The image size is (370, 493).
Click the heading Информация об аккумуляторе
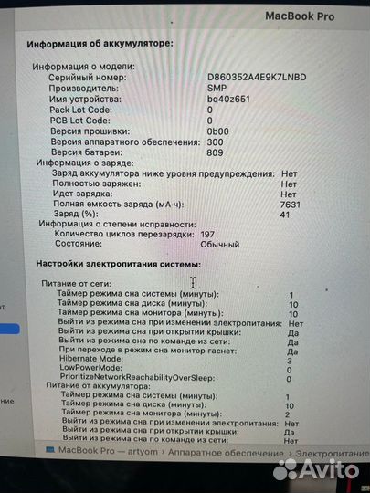tap(100, 43)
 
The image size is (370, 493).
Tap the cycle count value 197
tap(209, 235)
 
